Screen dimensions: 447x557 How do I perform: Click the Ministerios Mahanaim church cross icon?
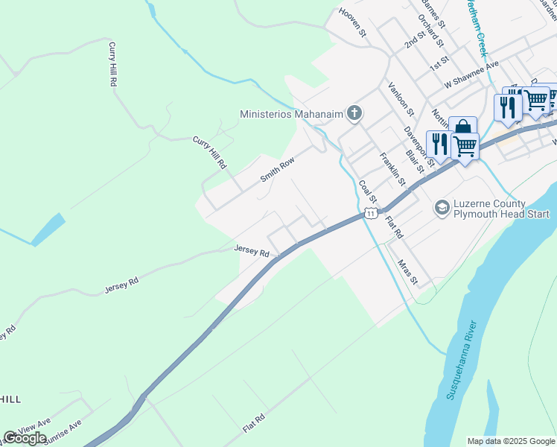coord(354,114)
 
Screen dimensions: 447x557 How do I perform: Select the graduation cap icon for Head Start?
coord(442,207)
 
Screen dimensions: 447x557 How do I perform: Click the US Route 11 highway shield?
coord(369,214)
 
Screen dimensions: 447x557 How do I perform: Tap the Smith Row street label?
coord(278,171)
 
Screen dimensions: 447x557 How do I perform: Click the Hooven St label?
coord(353,22)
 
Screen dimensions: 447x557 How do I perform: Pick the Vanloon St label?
coord(401,99)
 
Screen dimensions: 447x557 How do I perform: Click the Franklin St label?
coord(392,169)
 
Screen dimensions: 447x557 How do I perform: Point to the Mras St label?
coord(407,273)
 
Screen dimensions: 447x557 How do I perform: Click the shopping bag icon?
coord(462,128)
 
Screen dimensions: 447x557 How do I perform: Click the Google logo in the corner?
coord(25,438)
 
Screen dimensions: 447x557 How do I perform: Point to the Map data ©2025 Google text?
coord(510,441)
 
